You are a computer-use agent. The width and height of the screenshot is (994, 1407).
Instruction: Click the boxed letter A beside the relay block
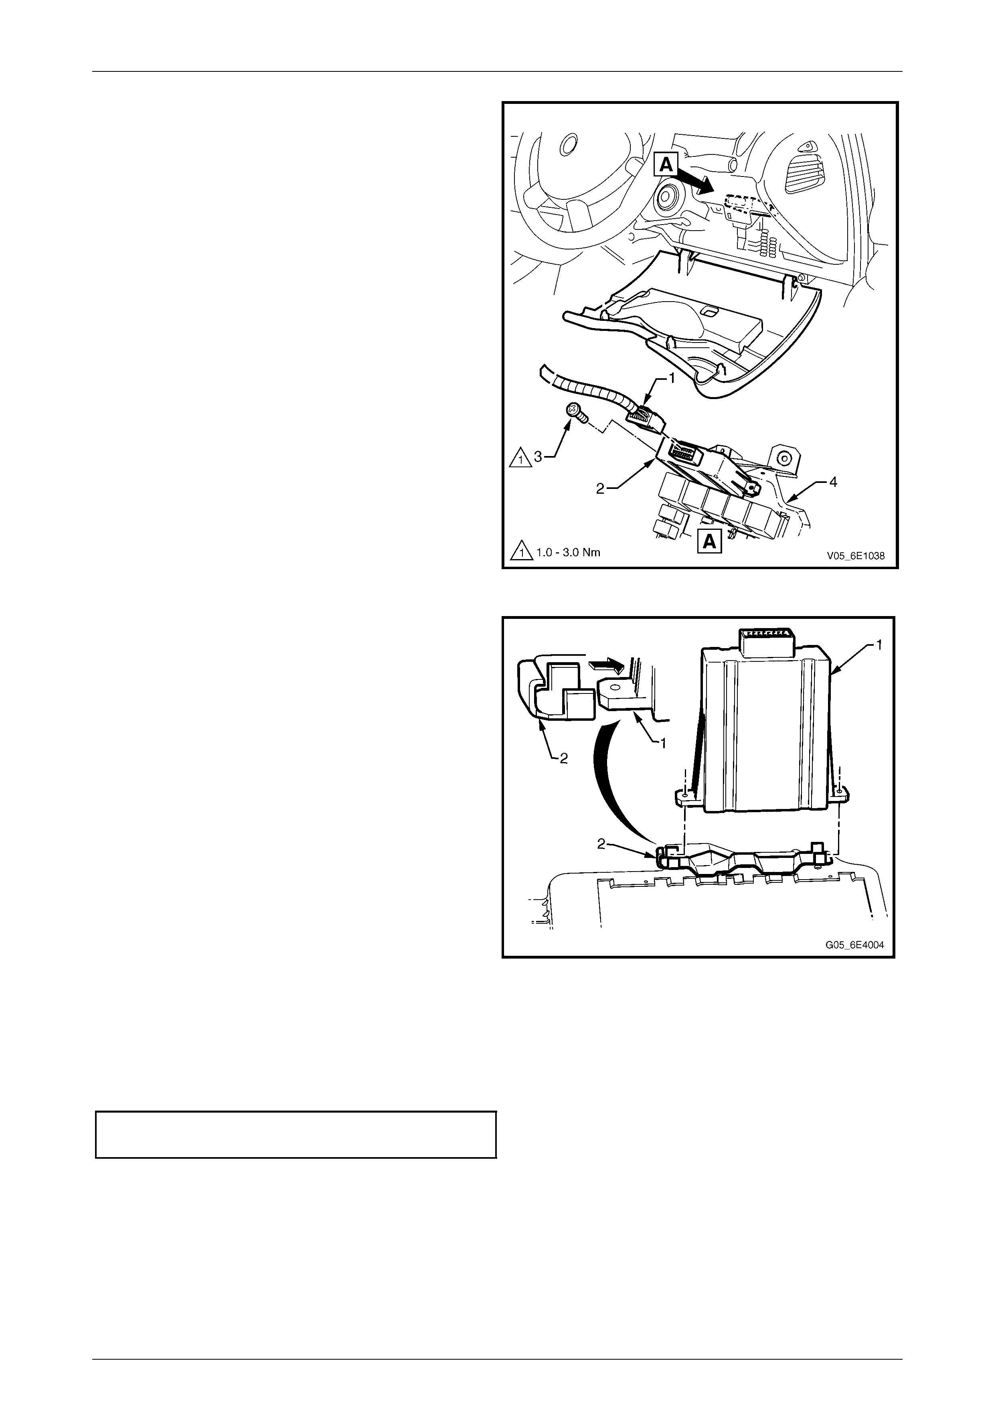click(x=709, y=541)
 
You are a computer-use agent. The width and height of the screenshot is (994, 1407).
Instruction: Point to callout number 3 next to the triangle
click(x=537, y=456)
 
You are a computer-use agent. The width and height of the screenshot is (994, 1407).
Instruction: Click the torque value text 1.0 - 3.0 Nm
click(x=568, y=552)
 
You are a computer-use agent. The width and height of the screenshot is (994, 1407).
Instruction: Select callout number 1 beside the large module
click(x=879, y=645)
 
